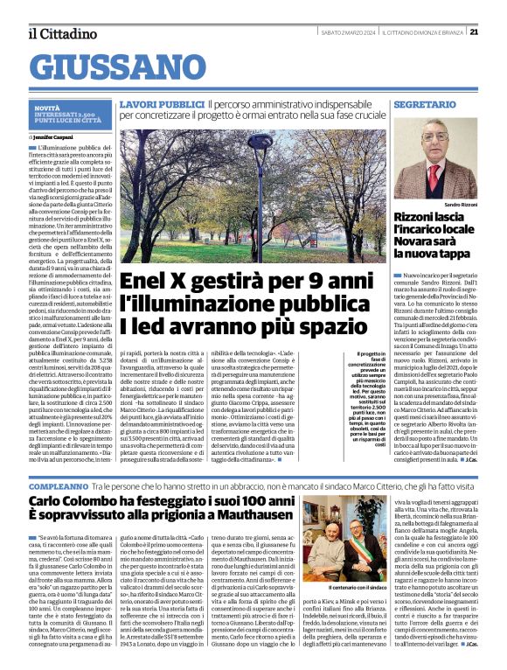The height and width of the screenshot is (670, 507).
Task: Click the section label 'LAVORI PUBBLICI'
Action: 149,104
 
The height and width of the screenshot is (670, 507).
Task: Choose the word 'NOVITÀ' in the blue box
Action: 47,108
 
